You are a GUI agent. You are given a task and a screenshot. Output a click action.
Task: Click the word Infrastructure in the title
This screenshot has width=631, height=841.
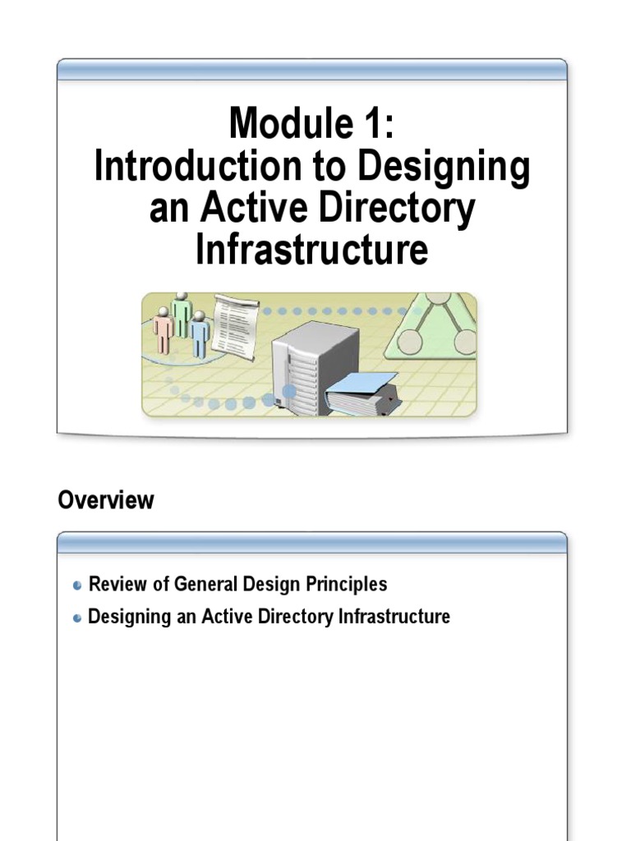coord(311,250)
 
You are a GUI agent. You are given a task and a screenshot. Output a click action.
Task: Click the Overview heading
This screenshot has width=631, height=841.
coord(105,500)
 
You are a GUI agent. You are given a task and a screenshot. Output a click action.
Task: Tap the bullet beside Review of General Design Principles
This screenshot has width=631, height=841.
coord(77,586)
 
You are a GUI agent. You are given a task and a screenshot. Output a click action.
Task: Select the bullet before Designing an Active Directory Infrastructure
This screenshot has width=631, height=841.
coord(77,618)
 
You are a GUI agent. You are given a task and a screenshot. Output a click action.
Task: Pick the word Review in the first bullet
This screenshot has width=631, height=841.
coord(114,585)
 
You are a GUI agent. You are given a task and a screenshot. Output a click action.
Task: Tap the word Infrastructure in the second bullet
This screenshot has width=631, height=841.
coord(394,616)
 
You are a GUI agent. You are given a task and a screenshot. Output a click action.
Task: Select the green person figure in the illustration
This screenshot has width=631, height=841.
coord(182,314)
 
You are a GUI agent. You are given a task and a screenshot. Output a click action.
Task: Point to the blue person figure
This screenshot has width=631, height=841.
coord(200,333)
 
